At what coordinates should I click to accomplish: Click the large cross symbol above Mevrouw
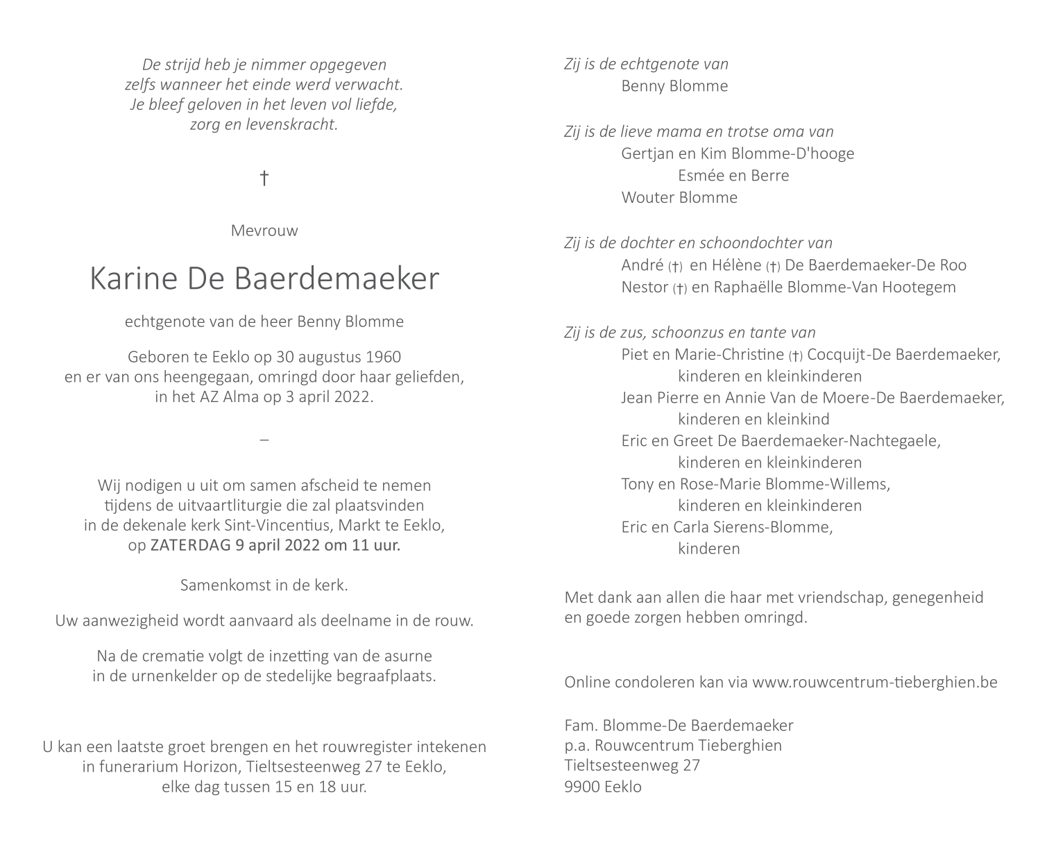pyautogui.click(x=264, y=178)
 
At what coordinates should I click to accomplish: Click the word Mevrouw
pyautogui.click(x=264, y=231)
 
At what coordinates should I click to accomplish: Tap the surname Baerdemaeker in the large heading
pyautogui.click(x=337, y=278)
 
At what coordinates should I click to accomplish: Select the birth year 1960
pyautogui.click(x=382, y=357)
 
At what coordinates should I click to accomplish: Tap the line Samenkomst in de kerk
pyautogui.click(x=264, y=585)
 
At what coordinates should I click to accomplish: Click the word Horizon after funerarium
pyautogui.click(x=235, y=767)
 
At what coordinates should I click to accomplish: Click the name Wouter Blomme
pyautogui.click(x=679, y=197)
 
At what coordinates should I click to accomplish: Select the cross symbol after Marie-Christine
pyautogui.click(x=795, y=356)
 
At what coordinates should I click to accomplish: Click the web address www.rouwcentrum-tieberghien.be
pyautogui.click(x=874, y=682)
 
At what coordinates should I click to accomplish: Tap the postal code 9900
pyautogui.click(x=582, y=787)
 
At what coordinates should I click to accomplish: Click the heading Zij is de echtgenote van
pyautogui.click(x=647, y=64)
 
